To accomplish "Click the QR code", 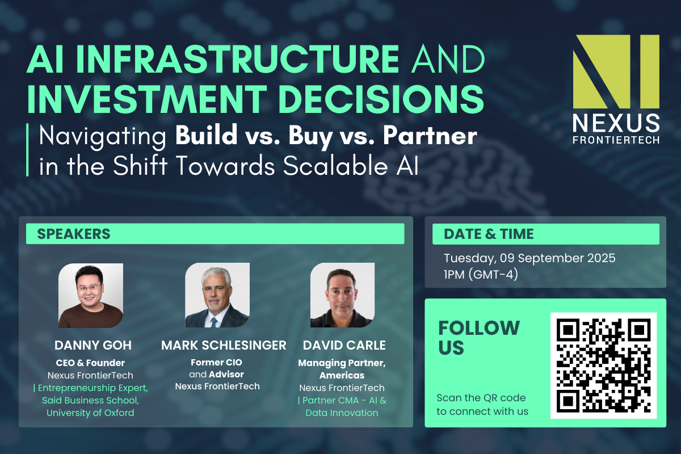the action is pos(603,365).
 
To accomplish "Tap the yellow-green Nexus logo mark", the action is pos(616,72).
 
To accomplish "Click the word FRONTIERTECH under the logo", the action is pos(616,140).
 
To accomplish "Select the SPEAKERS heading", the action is pos(74,234).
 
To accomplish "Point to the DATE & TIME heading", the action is pos(489,234).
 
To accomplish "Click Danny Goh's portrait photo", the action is pos(91,296).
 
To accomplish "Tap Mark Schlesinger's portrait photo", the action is pos(217,295).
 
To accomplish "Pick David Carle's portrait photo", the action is pos(342,295).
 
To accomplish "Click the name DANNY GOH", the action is pos(93,345).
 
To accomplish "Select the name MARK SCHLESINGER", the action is pos(224,345).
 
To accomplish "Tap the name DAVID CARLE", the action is pos(344,345).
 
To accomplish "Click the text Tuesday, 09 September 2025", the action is pos(529,258).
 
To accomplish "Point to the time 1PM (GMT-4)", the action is pos(481,275).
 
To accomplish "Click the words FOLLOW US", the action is pos(479,338).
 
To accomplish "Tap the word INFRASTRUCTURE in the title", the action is pos(238,59).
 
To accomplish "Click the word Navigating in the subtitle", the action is pos(103,137).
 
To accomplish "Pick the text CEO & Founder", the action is pos(90,363).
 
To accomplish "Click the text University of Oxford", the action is pos(90,413).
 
